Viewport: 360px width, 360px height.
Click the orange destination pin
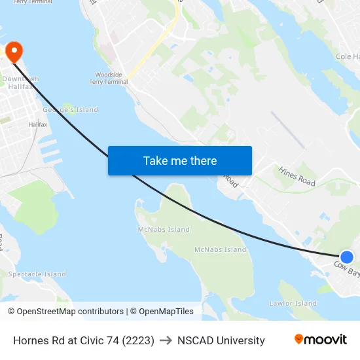(x=14, y=51)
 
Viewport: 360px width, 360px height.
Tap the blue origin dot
(x=347, y=257)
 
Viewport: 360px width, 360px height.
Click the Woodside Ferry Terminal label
(x=109, y=79)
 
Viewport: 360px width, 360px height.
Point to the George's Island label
(x=70, y=110)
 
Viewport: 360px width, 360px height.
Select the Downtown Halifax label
(x=20, y=82)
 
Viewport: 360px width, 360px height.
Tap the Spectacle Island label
(x=37, y=274)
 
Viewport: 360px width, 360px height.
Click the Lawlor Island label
(x=293, y=304)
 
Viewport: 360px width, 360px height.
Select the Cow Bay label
(x=346, y=268)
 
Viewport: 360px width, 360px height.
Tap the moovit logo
(x=321, y=340)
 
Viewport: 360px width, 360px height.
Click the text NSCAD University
(x=221, y=340)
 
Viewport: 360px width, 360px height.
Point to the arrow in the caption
(x=166, y=340)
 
